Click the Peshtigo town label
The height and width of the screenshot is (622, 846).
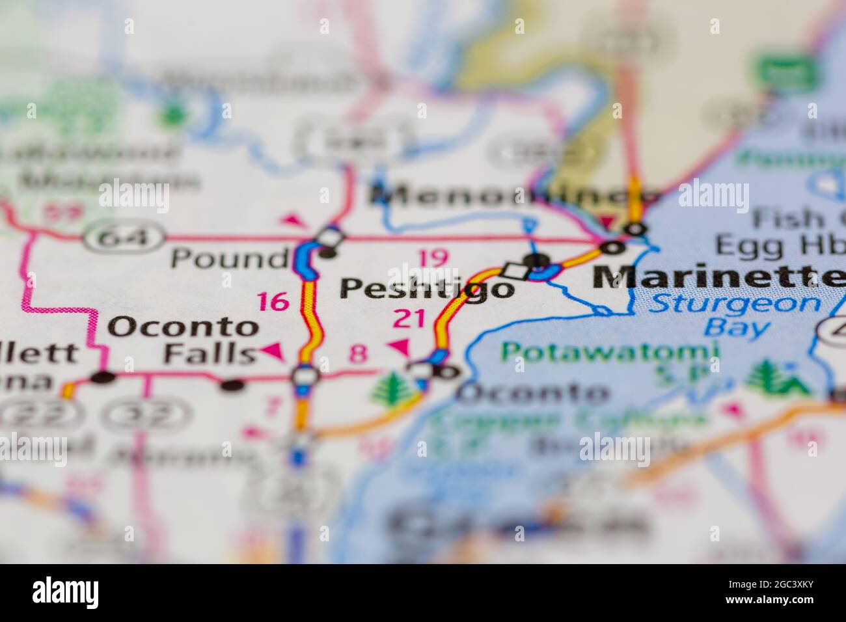[427, 288]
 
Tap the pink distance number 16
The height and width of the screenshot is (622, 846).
[273, 301]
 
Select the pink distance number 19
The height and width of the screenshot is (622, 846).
[432, 258]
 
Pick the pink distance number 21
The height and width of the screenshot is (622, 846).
[409, 319]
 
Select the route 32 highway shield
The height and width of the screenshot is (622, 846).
[149, 412]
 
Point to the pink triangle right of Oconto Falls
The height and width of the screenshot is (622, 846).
[273, 353]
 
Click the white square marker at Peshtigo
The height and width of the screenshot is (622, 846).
[514, 269]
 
